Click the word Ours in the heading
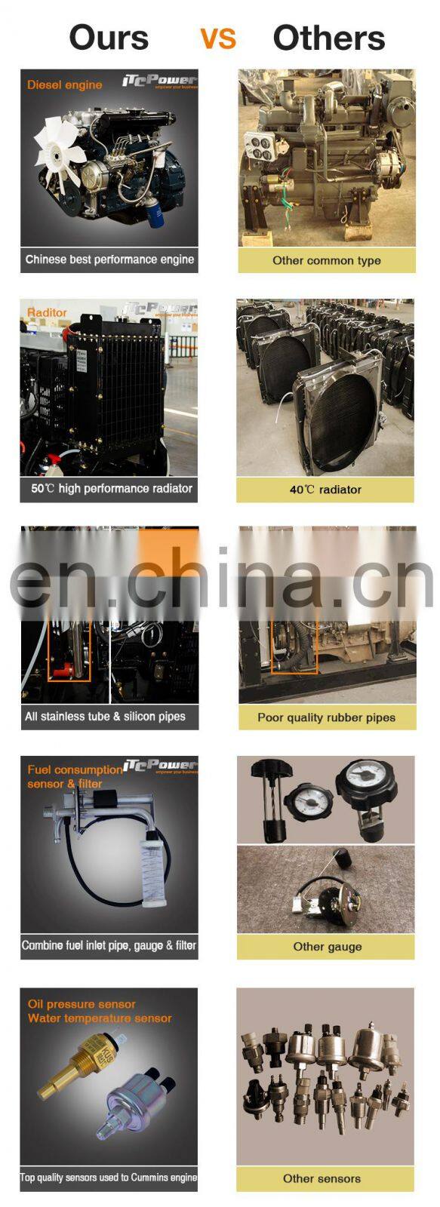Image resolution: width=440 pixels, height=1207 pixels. tap(109, 38)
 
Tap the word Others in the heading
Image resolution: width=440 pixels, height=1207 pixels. tap(328, 38)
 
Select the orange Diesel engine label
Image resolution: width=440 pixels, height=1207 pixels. tap(64, 84)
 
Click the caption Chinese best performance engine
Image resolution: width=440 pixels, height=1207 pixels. tap(109, 260)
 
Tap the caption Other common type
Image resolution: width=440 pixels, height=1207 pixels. tap(326, 260)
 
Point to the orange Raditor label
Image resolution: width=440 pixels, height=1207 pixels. tap(47, 312)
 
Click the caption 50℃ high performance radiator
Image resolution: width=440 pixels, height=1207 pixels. tap(111, 489)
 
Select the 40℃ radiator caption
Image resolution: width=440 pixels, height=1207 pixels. tap(325, 490)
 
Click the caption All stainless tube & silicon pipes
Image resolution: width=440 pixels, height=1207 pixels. tap(105, 717)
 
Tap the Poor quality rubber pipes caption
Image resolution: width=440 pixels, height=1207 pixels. tap(326, 717)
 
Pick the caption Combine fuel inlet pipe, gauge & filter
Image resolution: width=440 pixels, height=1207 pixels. tap(109, 945)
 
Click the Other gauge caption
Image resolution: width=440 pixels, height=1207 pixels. tap(327, 947)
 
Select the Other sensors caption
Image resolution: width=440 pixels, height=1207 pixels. tap(322, 1178)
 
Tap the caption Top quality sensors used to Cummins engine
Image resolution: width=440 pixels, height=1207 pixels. tap(109, 1177)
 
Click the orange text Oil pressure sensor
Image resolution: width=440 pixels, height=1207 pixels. tap(82, 1004)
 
